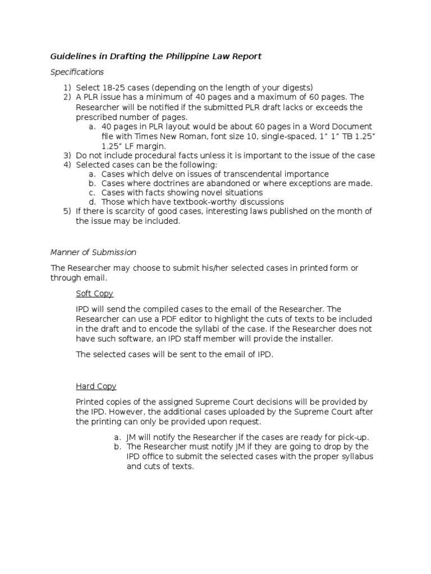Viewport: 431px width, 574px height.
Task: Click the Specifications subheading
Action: pyautogui.click(x=77, y=72)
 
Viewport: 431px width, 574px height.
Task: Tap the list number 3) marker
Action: pyautogui.click(x=67, y=155)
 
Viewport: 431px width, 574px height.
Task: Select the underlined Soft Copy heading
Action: pyautogui.click(x=94, y=294)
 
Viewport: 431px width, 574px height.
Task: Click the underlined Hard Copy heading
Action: pyautogui.click(x=96, y=386)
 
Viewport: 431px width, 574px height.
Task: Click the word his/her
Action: pyautogui.click(x=218, y=268)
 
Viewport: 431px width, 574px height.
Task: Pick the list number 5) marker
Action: pyautogui.click(x=67, y=211)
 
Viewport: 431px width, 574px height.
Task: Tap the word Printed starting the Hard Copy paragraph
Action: pyautogui.click(x=90, y=402)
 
